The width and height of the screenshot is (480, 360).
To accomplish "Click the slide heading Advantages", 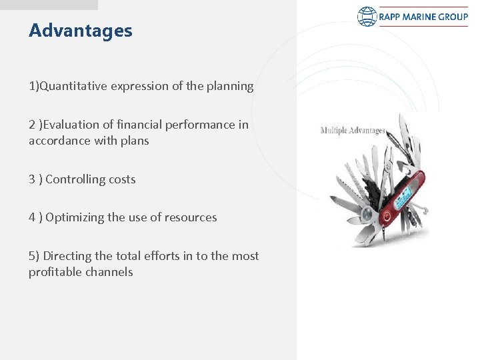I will pos(81,31).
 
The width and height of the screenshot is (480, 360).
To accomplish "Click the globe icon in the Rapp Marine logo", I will pos(367,17).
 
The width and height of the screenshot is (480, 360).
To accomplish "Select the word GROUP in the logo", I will pos(453,17).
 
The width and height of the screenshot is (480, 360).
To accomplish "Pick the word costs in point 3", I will pos(121,179).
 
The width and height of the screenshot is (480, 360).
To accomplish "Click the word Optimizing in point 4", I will pos(75,217).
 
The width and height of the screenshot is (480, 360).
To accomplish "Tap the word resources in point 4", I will pos(191,217).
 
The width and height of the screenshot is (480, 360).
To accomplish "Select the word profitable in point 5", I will pos(54,272).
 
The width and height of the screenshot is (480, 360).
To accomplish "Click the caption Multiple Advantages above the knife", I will pos(353,130).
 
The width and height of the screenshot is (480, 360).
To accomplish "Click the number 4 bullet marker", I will pos(32,217).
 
